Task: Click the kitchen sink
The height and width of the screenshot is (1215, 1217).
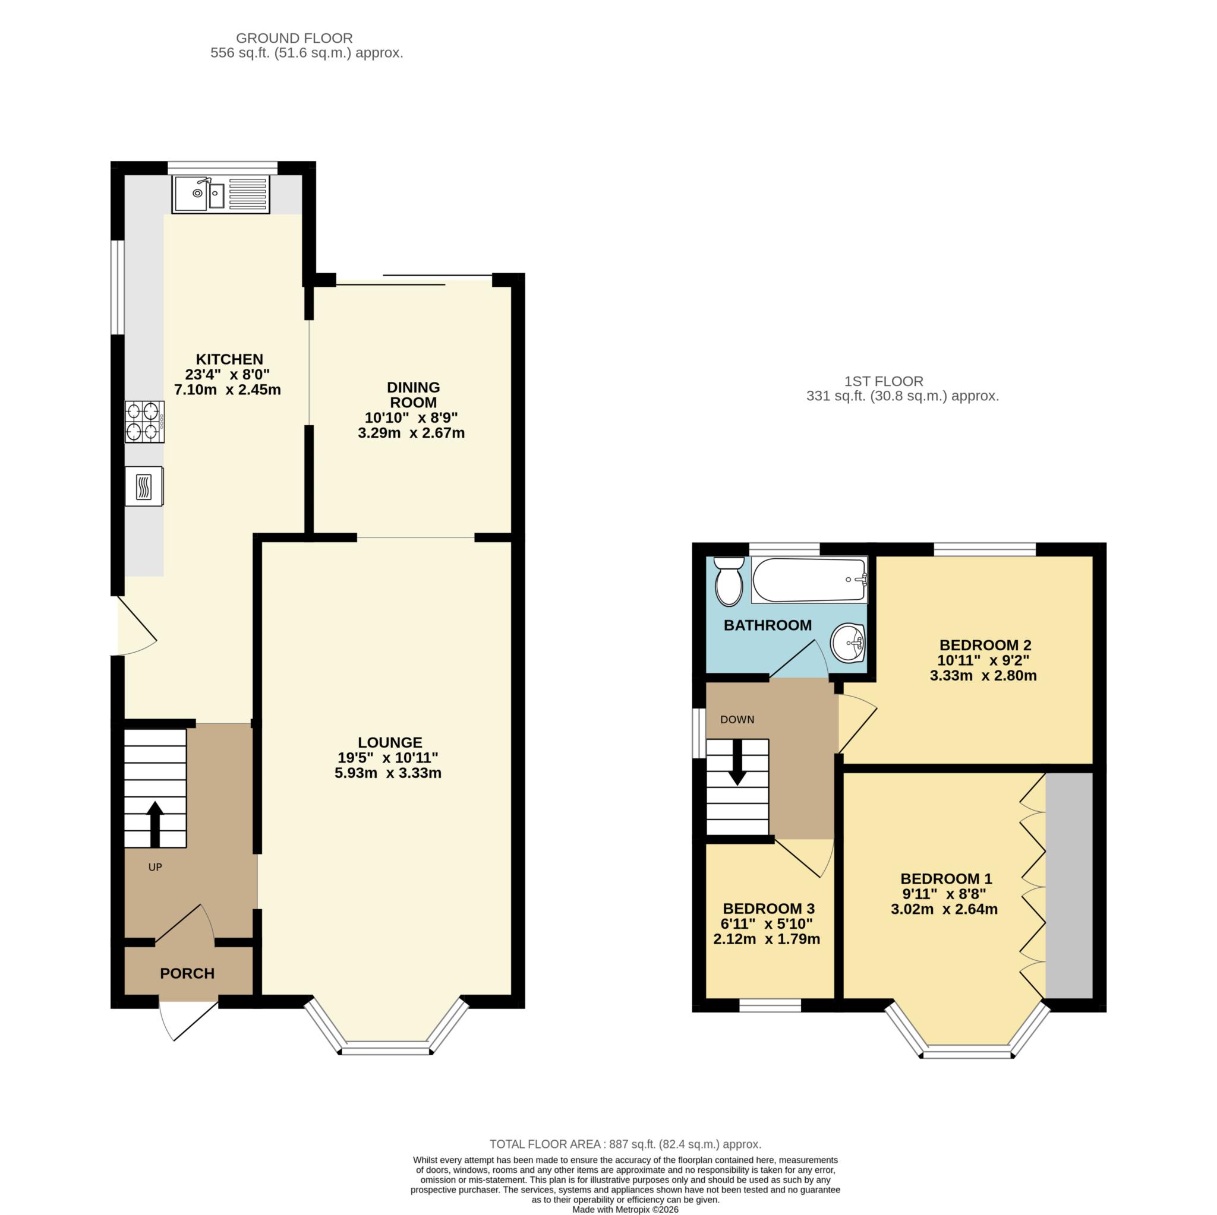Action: [x=220, y=194]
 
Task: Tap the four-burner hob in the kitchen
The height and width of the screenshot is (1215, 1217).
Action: [x=144, y=421]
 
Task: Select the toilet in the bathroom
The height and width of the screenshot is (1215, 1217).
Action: [x=729, y=581]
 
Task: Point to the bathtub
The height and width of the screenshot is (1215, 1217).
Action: [x=809, y=580]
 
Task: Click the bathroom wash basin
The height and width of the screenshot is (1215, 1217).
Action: [x=848, y=643]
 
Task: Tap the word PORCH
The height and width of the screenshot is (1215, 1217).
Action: [x=187, y=973]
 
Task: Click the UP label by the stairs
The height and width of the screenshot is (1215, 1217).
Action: [x=155, y=867]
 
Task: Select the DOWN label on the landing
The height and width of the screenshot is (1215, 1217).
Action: [x=737, y=720]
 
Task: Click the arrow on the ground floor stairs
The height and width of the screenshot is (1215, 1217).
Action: [x=155, y=824]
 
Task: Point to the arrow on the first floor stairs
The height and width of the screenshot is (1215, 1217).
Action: [x=737, y=762]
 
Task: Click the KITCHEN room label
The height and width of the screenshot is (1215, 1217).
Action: [x=229, y=359]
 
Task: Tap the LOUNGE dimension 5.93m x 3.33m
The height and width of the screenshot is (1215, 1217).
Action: [x=388, y=773]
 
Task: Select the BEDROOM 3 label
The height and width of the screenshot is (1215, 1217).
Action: [x=768, y=909]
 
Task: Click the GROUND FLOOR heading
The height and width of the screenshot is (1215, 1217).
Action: [x=294, y=39]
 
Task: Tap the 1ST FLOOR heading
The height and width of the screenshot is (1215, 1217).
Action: [x=884, y=381]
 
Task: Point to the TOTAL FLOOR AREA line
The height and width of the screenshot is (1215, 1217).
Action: [x=626, y=1162]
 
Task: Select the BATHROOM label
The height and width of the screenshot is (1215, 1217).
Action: [x=767, y=625]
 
